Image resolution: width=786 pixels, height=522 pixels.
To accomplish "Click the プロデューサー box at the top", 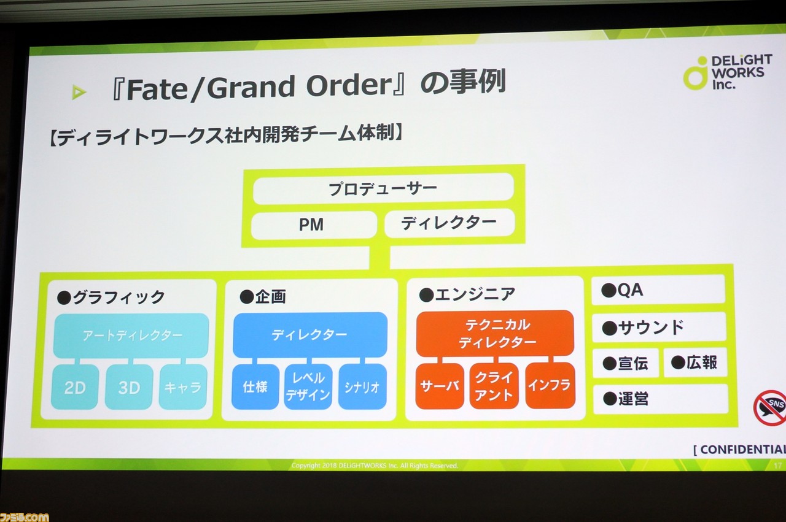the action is click(x=383, y=188).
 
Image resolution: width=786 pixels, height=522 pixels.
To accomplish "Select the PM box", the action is click(x=314, y=225).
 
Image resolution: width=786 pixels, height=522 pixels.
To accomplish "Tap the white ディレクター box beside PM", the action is click(x=449, y=223).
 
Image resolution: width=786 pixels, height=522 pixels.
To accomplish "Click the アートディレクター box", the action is click(x=131, y=336).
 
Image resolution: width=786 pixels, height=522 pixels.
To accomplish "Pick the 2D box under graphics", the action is click(x=75, y=387).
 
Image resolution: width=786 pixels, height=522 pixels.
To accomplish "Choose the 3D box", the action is click(x=129, y=387).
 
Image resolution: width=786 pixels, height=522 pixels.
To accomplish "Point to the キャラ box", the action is click(x=183, y=387).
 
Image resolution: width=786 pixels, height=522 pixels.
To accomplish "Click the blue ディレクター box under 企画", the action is click(x=310, y=335).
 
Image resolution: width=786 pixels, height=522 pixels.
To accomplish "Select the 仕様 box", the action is click(x=255, y=386).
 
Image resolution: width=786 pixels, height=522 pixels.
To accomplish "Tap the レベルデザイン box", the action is click(x=308, y=386).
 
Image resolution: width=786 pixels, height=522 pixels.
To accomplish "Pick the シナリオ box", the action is click(x=362, y=386).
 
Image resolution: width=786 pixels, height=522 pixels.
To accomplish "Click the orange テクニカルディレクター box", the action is click(x=495, y=334).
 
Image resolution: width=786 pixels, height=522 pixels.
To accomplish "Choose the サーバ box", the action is click(x=440, y=386).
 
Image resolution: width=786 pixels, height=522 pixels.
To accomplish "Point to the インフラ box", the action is click(x=550, y=385).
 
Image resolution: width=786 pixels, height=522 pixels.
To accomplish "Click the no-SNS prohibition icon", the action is click(x=771, y=408).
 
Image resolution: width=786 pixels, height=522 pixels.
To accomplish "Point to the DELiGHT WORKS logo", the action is click(x=728, y=72).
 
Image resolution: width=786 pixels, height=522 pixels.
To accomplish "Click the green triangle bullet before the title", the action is click(x=79, y=92).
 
